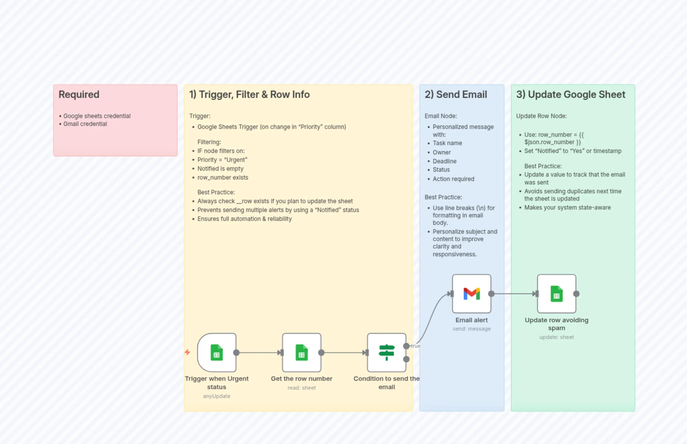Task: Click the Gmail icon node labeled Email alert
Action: pos(471,293)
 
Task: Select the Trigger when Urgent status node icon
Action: pos(217,352)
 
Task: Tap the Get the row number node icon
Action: pos(301,352)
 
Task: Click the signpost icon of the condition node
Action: pos(387,352)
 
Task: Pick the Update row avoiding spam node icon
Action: pos(556,293)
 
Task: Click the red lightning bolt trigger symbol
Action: pos(187,352)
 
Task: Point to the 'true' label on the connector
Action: pos(416,346)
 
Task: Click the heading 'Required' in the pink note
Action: pos(79,94)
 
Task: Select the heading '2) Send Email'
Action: pos(456,94)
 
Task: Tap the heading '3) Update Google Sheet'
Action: pos(571,94)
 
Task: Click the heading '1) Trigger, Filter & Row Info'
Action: pos(249,94)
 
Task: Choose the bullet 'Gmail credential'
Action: pos(85,124)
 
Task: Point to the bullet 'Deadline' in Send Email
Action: pos(444,161)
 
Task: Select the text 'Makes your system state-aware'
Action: pos(567,207)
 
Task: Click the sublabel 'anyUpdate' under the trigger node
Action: pos(216,396)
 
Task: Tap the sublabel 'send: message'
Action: pos(471,328)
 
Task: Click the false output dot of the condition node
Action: pos(406,359)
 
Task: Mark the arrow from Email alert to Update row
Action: pos(514,293)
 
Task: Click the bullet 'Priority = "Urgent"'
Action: pos(222,159)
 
